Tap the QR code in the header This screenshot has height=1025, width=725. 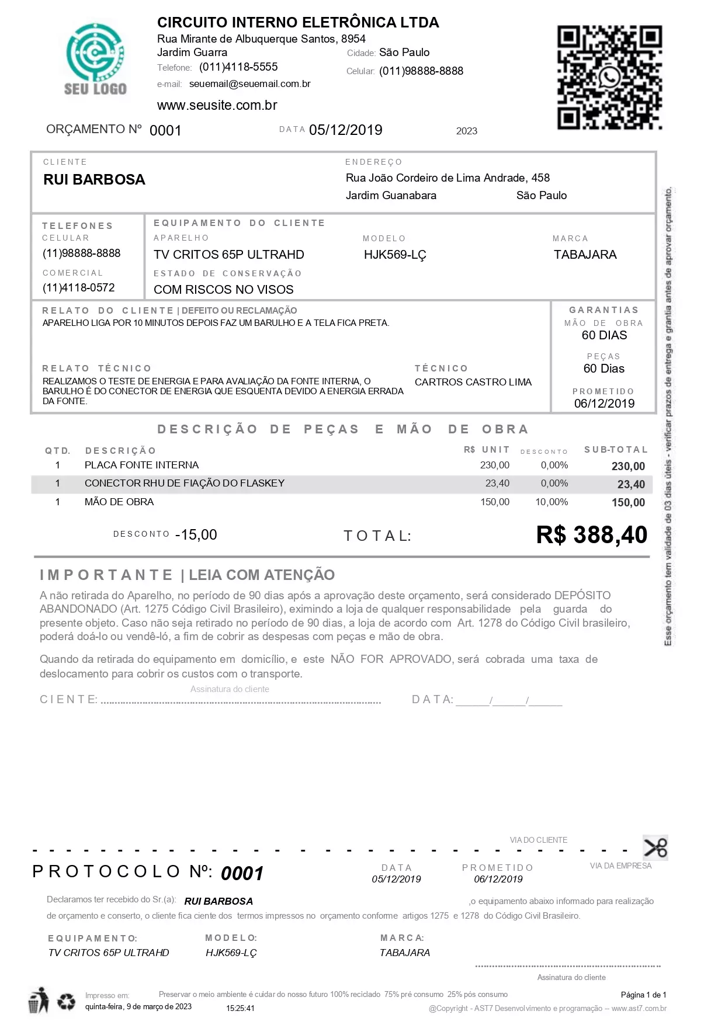point(609,77)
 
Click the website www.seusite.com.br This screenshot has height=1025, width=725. point(217,105)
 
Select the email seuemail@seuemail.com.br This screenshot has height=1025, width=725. point(249,84)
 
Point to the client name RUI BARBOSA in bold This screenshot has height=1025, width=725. point(94,180)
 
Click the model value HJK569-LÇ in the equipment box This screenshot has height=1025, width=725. point(395,255)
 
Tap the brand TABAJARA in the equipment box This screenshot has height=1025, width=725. point(585,255)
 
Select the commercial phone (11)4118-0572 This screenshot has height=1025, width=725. point(79,287)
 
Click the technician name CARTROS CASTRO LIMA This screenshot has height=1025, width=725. point(473,382)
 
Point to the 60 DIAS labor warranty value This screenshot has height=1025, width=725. point(604,335)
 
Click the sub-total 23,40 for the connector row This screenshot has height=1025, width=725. point(631,484)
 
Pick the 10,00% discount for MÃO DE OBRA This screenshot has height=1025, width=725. point(551,502)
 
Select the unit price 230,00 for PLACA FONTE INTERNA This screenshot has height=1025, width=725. point(494,465)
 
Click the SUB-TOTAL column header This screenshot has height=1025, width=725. point(616,450)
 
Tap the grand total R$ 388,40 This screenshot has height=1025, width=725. point(591,535)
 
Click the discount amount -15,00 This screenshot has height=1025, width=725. point(196,535)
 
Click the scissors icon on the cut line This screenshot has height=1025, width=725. point(655,847)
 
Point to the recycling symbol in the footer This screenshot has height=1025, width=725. point(66,1002)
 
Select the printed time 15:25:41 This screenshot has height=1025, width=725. point(240,1008)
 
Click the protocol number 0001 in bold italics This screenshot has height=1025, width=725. point(242,874)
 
